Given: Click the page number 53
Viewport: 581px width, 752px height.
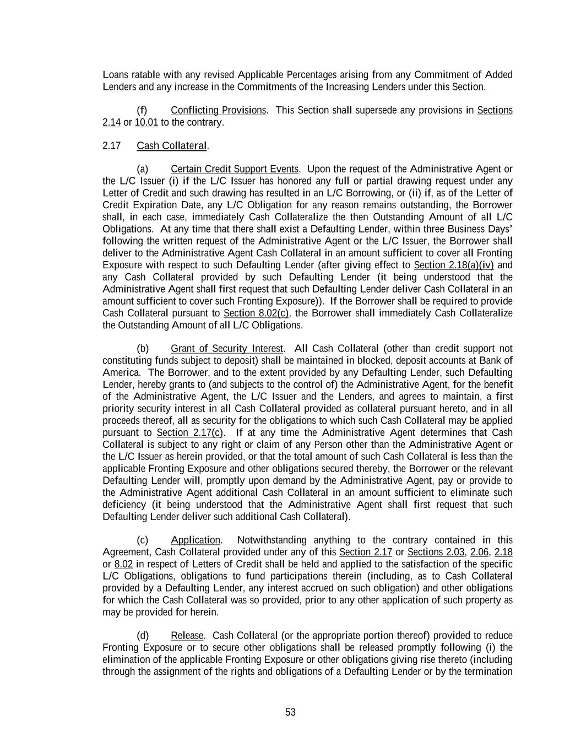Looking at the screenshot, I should (290, 712).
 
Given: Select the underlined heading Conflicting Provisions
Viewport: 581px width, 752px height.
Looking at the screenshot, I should (218, 110).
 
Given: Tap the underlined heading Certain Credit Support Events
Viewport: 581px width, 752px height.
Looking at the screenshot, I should (234, 169).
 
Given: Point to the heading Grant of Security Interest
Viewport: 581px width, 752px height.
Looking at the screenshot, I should (226, 349).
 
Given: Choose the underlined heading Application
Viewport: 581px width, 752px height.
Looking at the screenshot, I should (196, 540).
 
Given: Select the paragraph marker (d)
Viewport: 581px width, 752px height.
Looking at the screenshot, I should (143, 636).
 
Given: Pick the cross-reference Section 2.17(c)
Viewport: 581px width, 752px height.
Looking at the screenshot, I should (190, 433).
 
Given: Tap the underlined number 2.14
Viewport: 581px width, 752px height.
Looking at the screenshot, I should (111, 122).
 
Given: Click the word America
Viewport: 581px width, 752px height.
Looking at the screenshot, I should (121, 373).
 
